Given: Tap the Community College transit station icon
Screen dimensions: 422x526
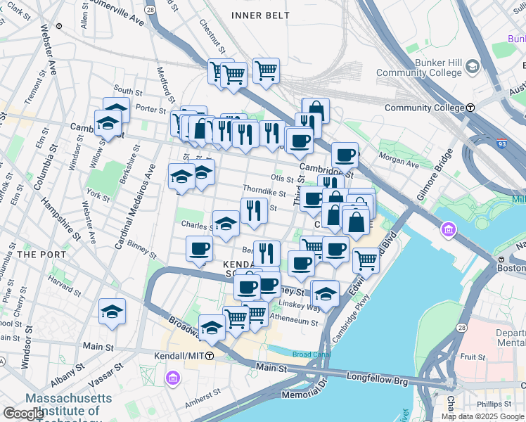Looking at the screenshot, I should pyautogui.click(x=470, y=108).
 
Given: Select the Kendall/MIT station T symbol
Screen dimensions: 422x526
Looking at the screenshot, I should pyautogui.click(x=210, y=357).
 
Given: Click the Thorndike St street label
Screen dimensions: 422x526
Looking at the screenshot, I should pyautogui.click(x=264, y=191).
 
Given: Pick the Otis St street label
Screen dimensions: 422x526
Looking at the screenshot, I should pyautogui.click(x=281, y=179).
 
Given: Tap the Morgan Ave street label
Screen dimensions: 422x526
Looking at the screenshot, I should pyautogui.click(x=399, y=160).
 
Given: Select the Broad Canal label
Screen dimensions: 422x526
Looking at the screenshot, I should pyautogui.click(x=312, y=354).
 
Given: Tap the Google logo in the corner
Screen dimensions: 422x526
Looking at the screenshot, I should pyautogui.click(x=23, y=413).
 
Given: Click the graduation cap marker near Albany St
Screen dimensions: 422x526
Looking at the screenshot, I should pyautogui.click(x=113, y=313).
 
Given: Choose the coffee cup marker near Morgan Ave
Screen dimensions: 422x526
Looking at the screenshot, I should pyautogui.click(x=345, y=155).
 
